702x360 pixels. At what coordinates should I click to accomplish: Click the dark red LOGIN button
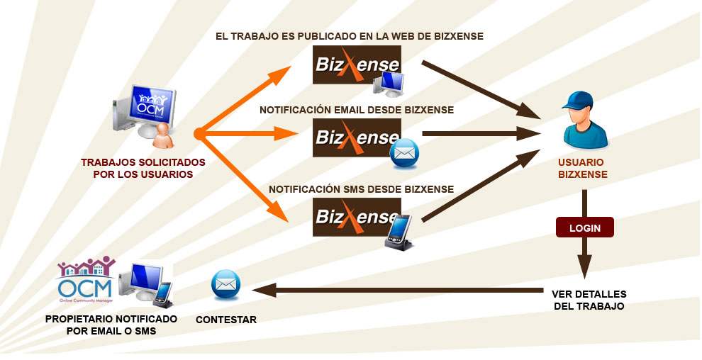(585, 227)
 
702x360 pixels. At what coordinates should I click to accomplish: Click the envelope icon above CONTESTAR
(225, 285)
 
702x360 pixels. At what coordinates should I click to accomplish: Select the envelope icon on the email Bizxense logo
(405, 154)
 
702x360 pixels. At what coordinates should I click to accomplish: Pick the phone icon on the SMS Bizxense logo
(399, 231)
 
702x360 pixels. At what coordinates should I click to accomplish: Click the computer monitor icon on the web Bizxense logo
(389, 83)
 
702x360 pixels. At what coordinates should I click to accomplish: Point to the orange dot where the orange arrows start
(198, 133)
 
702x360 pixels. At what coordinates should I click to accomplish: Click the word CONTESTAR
(226, 320)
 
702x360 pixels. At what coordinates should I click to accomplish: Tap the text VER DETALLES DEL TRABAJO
(589, 300)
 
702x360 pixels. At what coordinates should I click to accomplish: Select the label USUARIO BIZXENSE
(582, 168)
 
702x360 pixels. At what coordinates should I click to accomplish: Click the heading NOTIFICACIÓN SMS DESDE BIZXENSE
(361, 189)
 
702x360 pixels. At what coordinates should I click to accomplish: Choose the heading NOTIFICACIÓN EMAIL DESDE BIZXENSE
(357, 110)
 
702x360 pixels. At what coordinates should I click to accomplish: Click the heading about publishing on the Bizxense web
(350, 35)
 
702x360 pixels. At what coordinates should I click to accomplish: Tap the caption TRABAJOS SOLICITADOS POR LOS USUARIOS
(143, 168)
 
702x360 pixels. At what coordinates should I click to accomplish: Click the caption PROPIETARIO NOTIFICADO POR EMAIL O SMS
(111, 325)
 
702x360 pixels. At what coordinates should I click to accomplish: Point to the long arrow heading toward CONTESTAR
(397, 289)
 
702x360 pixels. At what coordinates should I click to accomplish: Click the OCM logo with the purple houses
(85, 280)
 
